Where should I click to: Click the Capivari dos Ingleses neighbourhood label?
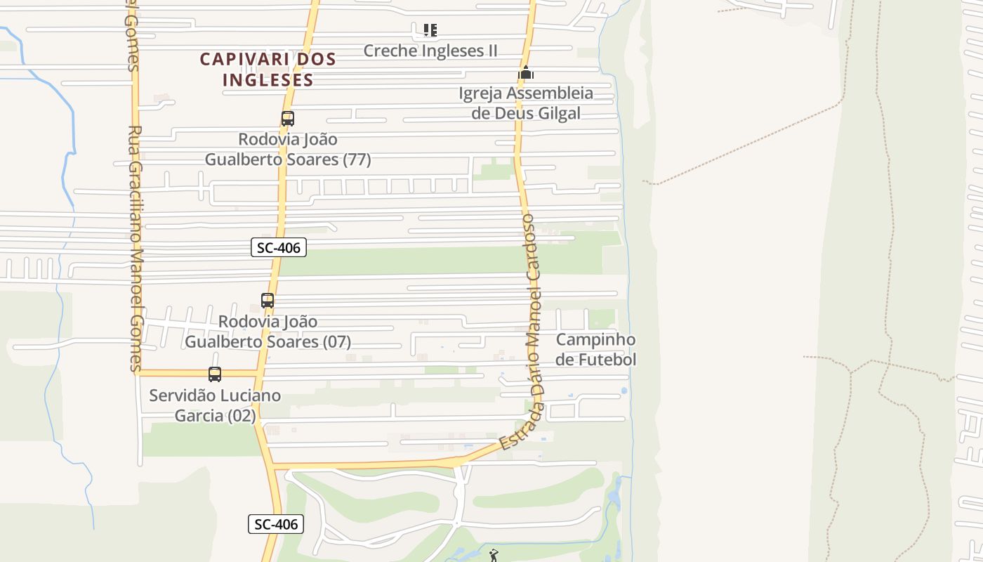coord(268,69)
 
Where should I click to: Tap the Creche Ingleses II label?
coord(430,51)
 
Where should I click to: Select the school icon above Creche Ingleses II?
coord(430,30)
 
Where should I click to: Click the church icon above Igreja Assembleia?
coord(526,72)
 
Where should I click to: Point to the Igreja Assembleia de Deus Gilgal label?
coord(526,103)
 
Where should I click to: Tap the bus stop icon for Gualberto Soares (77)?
coord(288,119)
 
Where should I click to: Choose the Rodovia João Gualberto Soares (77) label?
coord(288,149)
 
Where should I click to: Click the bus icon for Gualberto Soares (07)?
coord(268,301)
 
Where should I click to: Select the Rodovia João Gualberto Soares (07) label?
coord(268,332)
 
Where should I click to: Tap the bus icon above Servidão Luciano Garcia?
coord(215,374)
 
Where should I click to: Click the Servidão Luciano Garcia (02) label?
coord(215,405)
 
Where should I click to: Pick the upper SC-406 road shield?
coord(279,247)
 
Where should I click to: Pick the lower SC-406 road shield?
coord(276,524)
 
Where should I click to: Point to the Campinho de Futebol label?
coord(595,349)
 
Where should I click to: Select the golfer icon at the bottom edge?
coord(494,556)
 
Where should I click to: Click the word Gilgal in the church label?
coord(555,113)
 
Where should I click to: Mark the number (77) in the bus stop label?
coord(357,159)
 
